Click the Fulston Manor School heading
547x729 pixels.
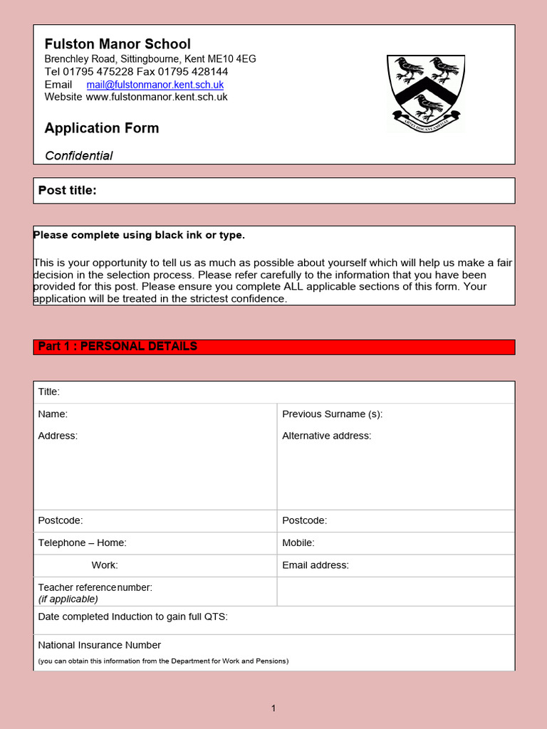tap(118, 44)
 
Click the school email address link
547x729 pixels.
tap(155, 85)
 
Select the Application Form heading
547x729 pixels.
tap(102, 128)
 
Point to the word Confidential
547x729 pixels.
tap(79, 156)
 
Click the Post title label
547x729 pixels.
tap(67, 190)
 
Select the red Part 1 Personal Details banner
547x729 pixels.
tap(274, 347)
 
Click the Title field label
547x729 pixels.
tap(49, 392)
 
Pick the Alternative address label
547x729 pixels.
tap(326, 436)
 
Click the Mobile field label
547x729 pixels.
tap(298, 543)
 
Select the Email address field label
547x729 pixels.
tap(316, 565)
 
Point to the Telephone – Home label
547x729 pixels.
tap(82, 543)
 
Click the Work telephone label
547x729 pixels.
tap(105, 565)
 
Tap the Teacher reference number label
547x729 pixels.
tap(95, 587)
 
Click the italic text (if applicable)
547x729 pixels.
tap(68, 599)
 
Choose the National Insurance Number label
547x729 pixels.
tap(99, 645)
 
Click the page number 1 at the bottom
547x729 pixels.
tap(273, 708)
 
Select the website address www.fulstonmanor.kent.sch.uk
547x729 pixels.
tap(157, 97)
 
